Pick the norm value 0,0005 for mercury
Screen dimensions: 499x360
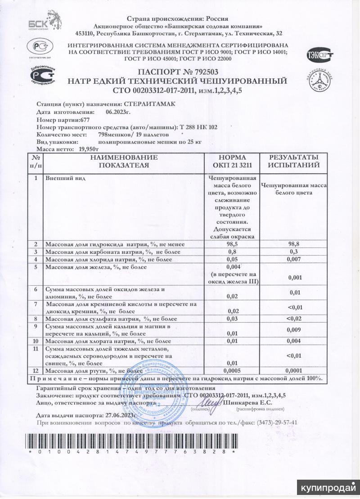click(x=233, y=370)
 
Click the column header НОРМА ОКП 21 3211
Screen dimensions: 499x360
click(x=232, y=162)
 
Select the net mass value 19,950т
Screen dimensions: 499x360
click(x=89, y=148)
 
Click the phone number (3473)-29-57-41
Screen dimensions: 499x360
click(x=273, y=423)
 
